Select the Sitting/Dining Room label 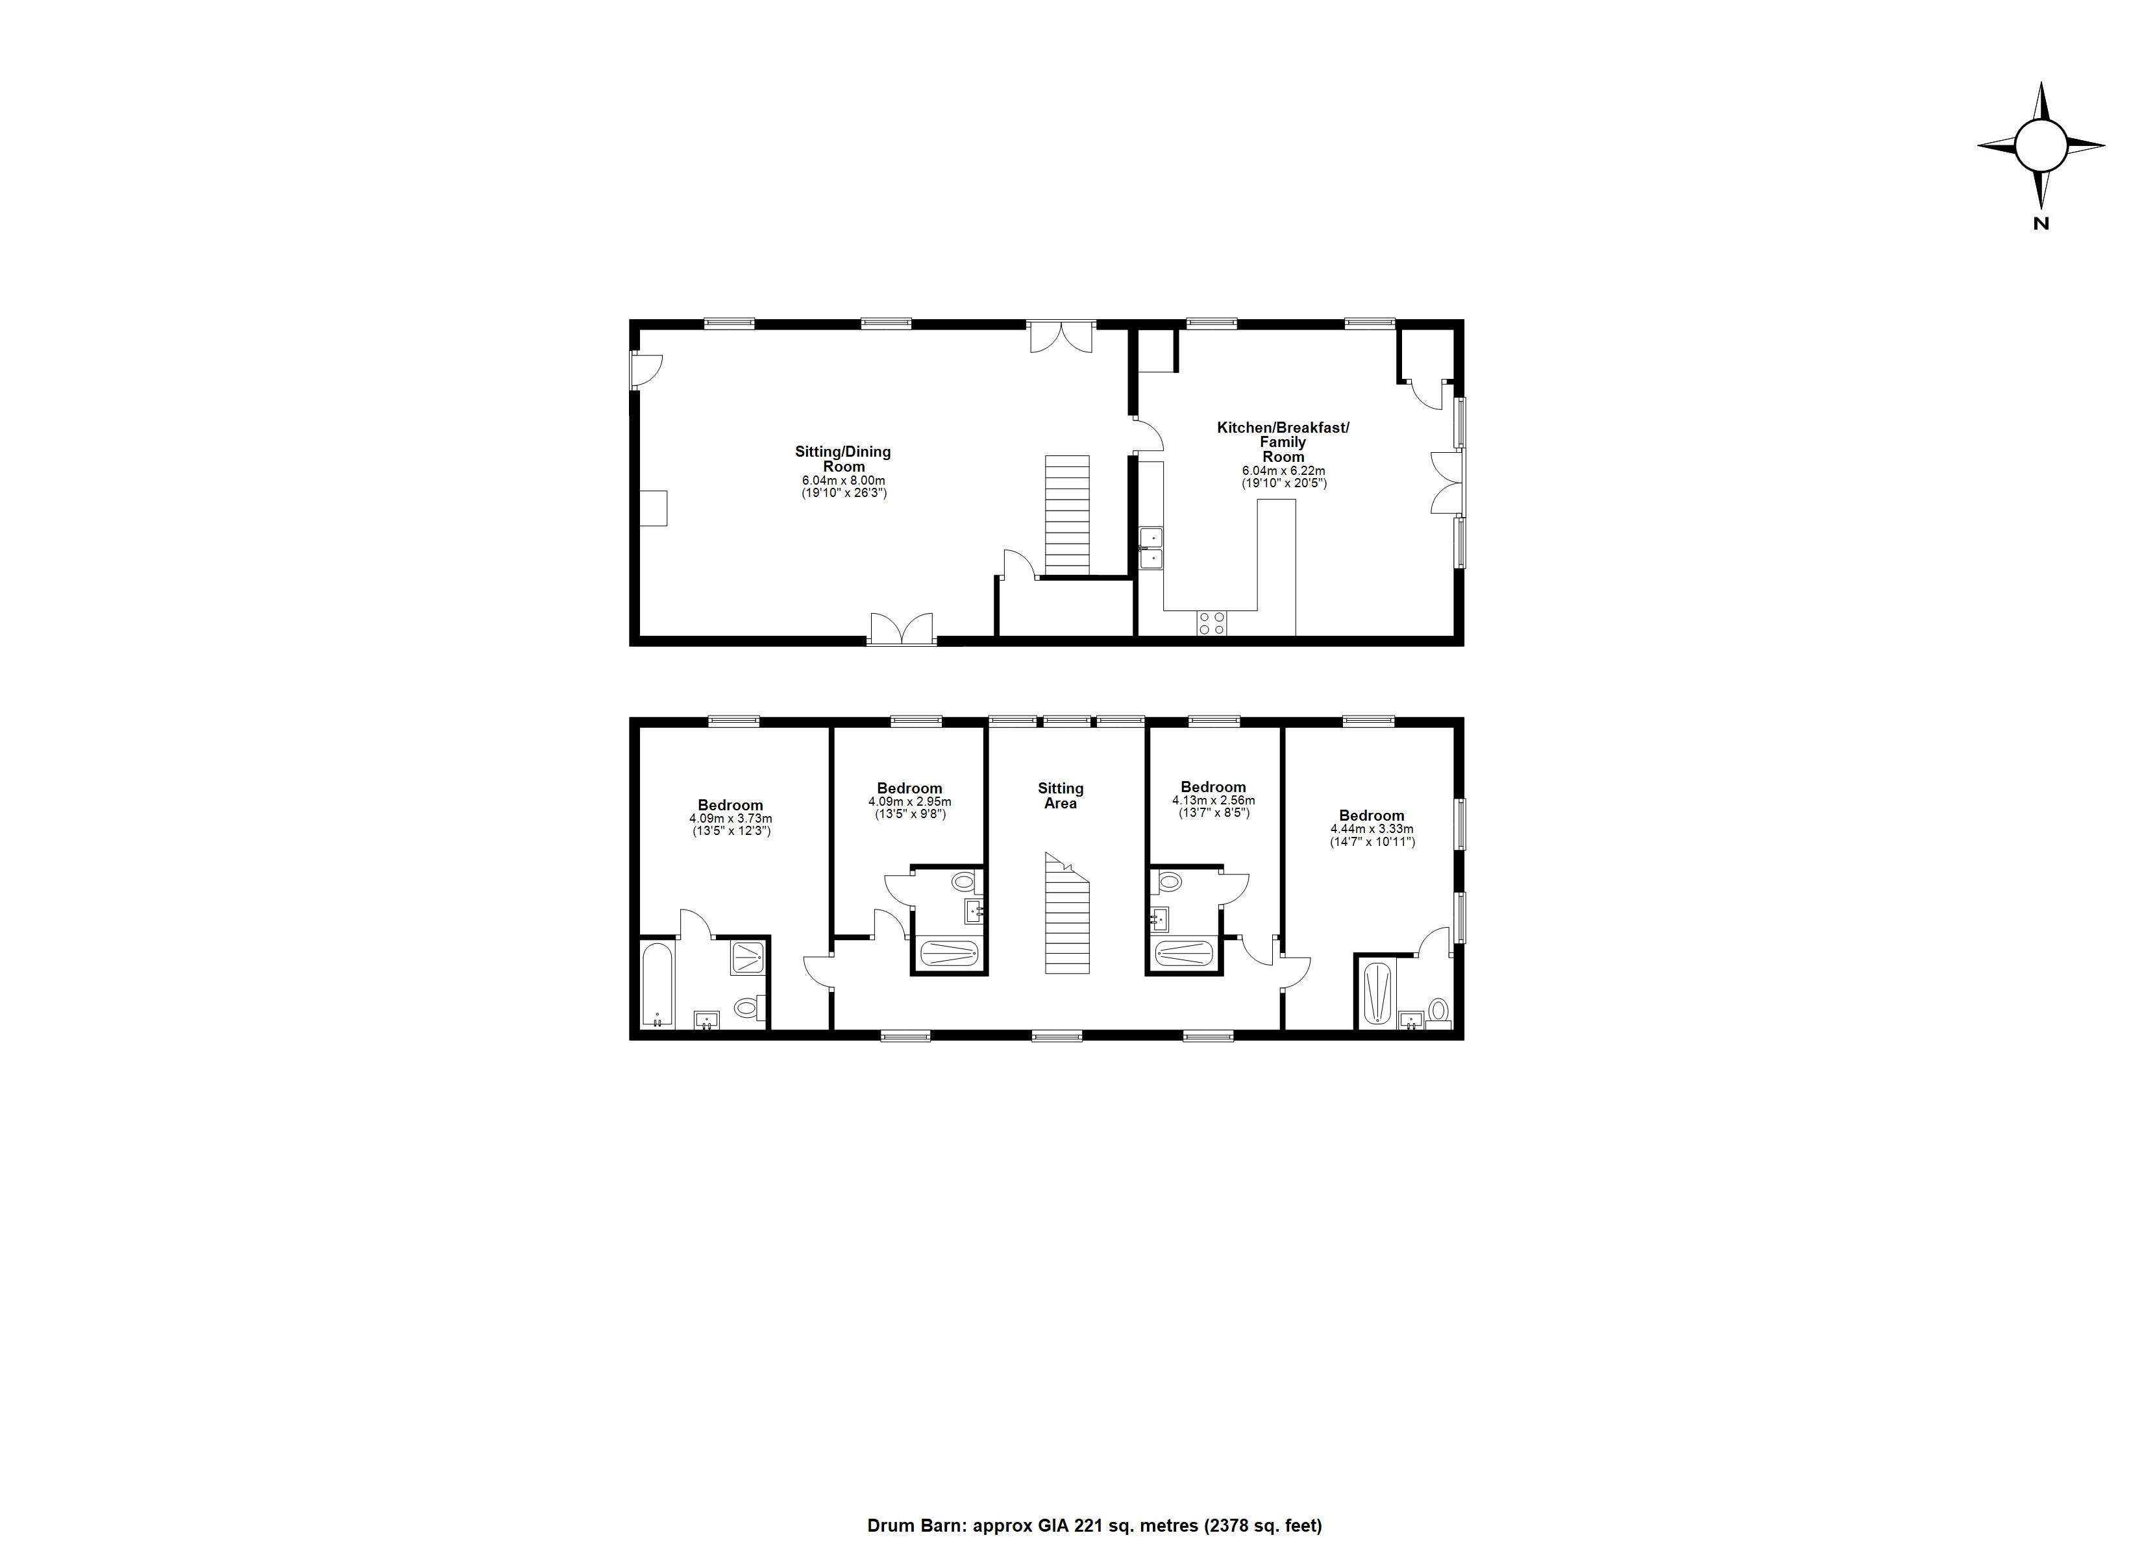[843, 459]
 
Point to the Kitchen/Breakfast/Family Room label [1283, 442]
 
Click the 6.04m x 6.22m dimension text [1283, 470]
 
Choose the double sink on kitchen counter [1151, 549]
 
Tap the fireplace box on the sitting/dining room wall [654, 508]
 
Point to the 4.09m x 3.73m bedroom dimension [730, 819]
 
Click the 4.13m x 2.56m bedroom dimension [1213, 801]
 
